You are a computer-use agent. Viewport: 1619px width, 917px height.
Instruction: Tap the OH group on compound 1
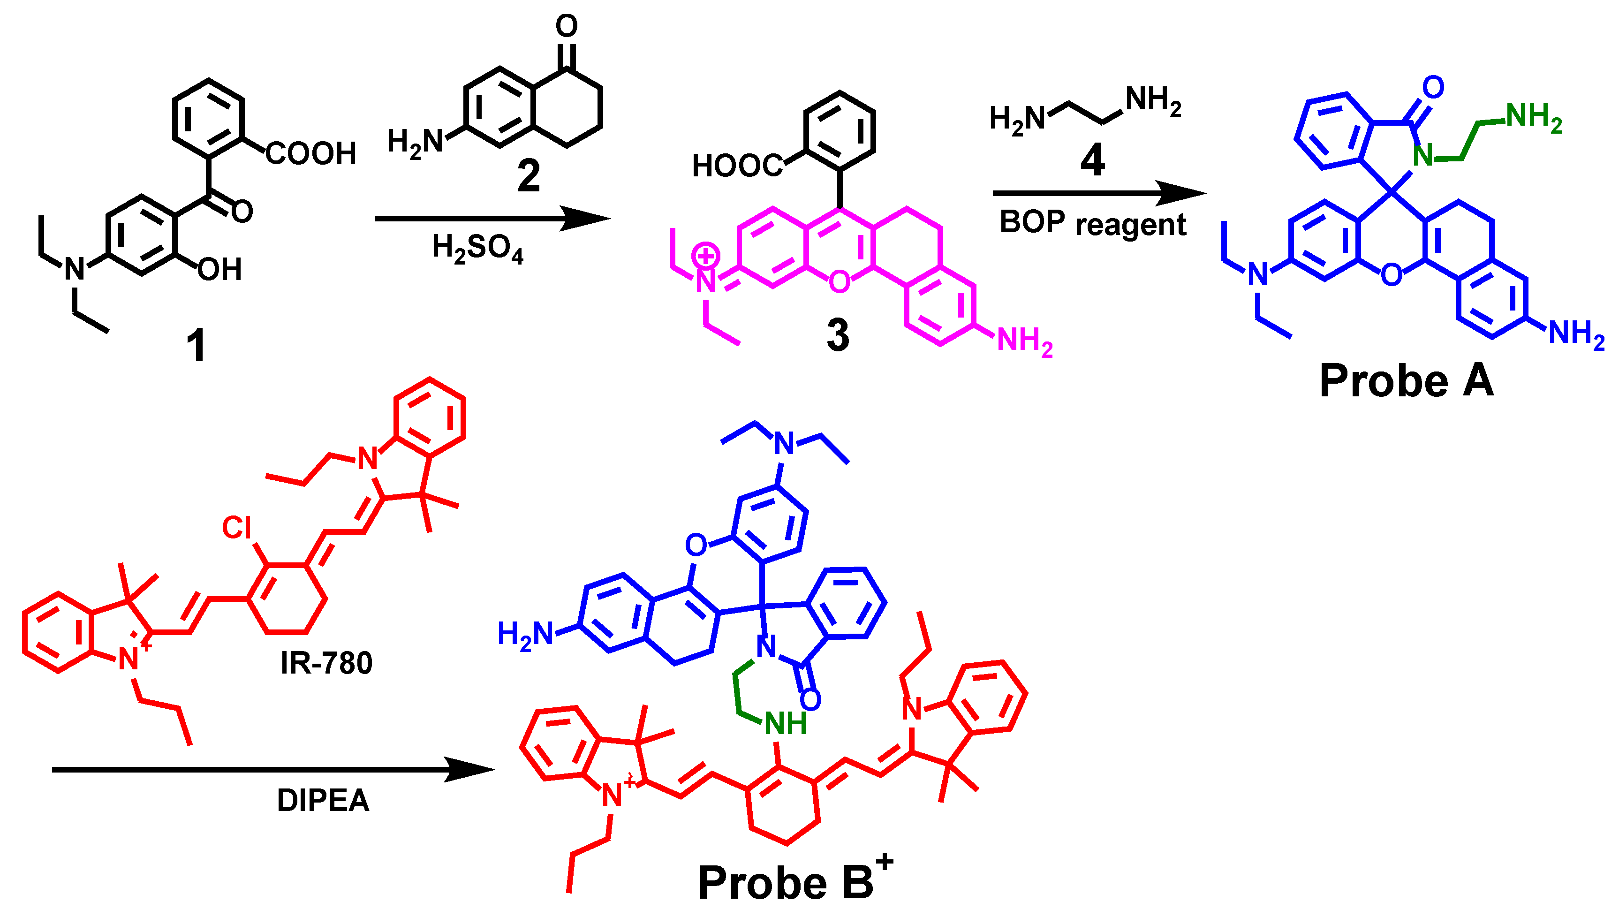[220, 270]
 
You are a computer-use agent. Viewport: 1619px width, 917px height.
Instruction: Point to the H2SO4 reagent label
[478, 248]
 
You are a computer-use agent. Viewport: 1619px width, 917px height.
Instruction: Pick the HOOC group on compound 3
[737, 166]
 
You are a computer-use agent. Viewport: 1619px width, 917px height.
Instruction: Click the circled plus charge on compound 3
[705, 256]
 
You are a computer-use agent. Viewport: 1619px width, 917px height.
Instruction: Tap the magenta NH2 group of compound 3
[1025, 342]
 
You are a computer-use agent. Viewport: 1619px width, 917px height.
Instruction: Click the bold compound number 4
[1093, 160]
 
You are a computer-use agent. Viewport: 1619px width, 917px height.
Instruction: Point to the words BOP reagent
[1093, 224]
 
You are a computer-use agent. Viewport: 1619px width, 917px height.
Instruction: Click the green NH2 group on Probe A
[1533, 118]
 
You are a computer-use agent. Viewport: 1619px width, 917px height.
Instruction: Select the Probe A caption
[1406, 381]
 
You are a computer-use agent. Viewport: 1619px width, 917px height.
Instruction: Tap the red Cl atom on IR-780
[237, 528]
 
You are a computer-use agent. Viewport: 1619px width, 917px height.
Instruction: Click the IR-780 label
[326, 663]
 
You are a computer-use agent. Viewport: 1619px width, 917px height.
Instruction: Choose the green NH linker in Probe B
[785, 724]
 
